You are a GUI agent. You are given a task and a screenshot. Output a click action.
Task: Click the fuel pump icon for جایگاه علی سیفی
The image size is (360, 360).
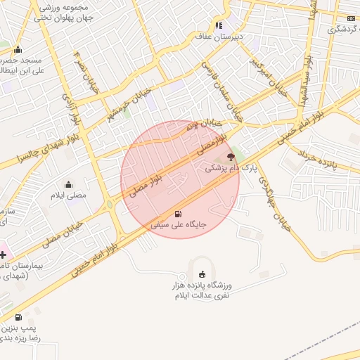(177, 214)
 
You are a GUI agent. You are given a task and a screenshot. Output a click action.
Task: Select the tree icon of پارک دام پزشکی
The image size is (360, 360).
(231, 157)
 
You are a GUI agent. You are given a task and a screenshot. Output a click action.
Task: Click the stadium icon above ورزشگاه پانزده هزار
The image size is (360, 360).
(202, 274)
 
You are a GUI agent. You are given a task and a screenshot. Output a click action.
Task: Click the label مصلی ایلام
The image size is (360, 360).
(68, 195)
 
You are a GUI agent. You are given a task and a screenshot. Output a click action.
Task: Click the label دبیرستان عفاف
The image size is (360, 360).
(219, 36)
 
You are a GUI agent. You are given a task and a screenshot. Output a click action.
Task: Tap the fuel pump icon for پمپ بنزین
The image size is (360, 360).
(18, 317)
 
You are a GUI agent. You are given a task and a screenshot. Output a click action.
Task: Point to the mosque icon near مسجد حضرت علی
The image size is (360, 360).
(18, 50)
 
